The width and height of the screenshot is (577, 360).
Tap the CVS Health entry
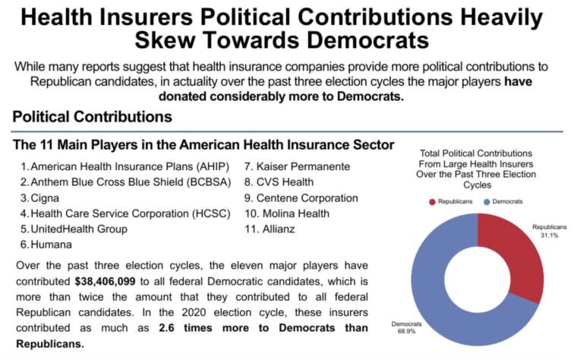(x=288, y=182)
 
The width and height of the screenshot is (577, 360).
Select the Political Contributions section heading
(x=92, y=117)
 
